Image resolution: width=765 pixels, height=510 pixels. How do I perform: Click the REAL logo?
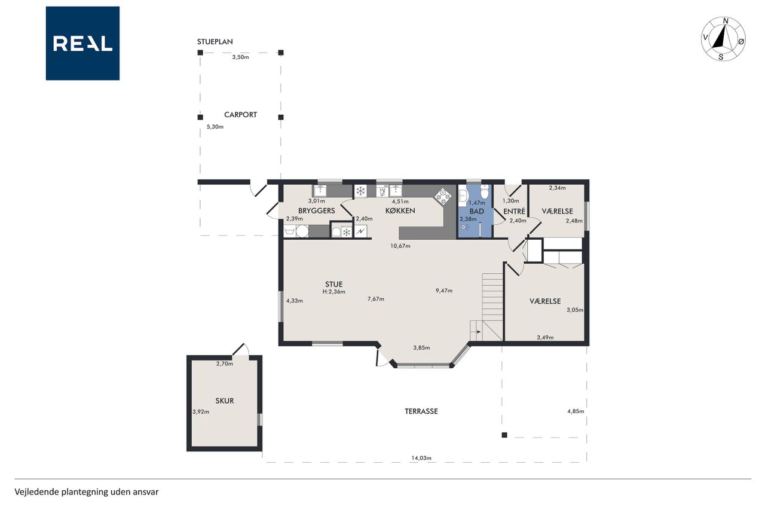tap(82, 44)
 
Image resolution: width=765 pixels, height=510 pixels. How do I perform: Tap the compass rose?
tap(723, 39)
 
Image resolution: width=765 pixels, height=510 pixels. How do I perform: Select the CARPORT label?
tap(240, 115)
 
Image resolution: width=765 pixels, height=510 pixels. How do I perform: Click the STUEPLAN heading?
tap(215, 42)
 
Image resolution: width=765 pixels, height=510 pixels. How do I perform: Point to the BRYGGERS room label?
tap(317, 211)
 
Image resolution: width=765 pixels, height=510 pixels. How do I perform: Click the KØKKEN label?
tap(400, 211)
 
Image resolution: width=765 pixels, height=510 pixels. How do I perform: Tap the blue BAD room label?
tap(476, 212)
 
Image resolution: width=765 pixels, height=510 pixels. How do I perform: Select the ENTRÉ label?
tap(515, 212)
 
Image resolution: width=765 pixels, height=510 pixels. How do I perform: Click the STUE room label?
tap(333, 284)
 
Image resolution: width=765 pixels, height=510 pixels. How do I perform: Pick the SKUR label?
tap(224, 401)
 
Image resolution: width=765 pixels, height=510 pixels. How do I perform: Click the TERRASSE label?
tap(421, 411)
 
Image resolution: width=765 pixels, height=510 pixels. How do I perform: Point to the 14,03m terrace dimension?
tap(421, 458)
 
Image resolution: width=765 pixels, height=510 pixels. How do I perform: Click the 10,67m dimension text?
tap(400, 246)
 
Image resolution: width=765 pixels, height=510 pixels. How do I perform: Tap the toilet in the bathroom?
tap(485, 192)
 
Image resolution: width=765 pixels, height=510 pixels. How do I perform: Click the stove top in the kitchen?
tap(442, 197)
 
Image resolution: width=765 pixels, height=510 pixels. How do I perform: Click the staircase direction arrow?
tap(478, 331)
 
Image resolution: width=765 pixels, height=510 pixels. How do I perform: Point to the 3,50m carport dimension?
tap(240, 57)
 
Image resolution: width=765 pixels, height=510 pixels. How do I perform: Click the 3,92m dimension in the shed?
tap(201, 412)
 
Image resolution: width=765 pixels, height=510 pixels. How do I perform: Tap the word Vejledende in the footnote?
tap(36, 492)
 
